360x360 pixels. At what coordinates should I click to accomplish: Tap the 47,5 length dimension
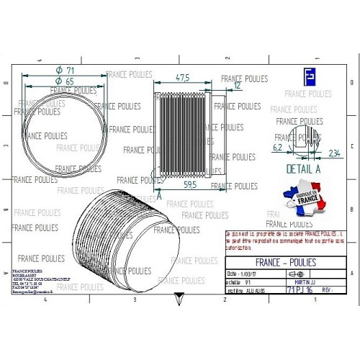182,77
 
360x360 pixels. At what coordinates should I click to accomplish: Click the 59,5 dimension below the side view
190,185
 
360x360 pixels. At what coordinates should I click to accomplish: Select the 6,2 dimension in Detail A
277,147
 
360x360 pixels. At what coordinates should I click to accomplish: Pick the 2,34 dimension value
334,153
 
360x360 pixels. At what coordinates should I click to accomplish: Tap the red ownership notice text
285,240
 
